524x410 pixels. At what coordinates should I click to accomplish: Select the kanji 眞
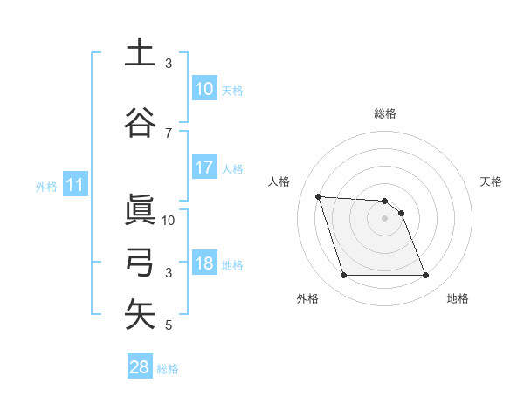(x=140, y=209)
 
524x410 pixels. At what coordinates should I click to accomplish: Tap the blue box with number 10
(x=203, y=89)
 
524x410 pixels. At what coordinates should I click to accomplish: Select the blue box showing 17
(x=203, y=168)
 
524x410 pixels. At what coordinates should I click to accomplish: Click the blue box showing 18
(x=203, y=263)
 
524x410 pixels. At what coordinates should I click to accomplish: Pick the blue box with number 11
(x=75, y=185)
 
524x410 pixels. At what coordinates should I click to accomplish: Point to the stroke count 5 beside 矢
(x=169, y=326)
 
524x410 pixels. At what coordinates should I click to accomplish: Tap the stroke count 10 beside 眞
(x=169, y=220)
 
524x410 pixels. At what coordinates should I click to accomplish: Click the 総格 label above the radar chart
(x=385, y=113)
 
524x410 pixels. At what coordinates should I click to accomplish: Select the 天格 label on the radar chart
(x=492, y=181)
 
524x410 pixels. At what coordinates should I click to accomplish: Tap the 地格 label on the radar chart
(x=458, y=299)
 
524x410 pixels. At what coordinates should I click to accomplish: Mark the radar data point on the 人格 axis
(x=319, y=196)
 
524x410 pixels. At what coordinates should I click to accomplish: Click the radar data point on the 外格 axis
(x=343, y=276)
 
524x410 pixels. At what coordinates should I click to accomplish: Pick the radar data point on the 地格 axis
(x=425, y=276)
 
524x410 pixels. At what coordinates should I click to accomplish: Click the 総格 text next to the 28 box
(x=168, y=369)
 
